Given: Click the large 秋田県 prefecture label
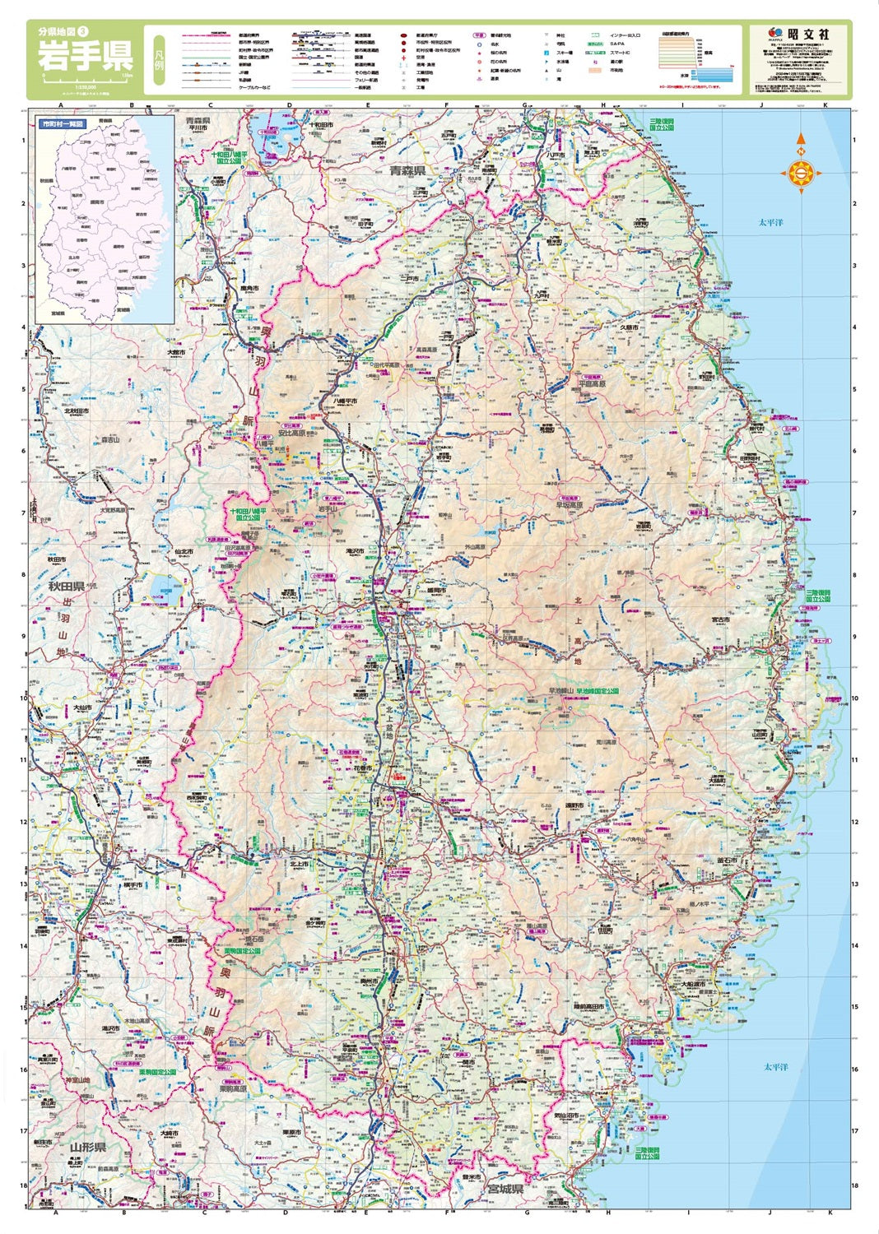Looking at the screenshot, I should click(67, 587).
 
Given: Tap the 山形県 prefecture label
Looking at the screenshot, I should click(88, 1147).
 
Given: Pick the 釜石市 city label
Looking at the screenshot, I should click(727, 861).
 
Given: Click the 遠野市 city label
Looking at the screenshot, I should click(574, 805).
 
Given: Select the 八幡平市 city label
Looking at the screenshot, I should click(345, 401).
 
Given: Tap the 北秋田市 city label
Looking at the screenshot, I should click(76, 411).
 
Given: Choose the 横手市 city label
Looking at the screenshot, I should click(132, 885).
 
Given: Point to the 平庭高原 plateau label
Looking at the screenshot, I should click(591, 383).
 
